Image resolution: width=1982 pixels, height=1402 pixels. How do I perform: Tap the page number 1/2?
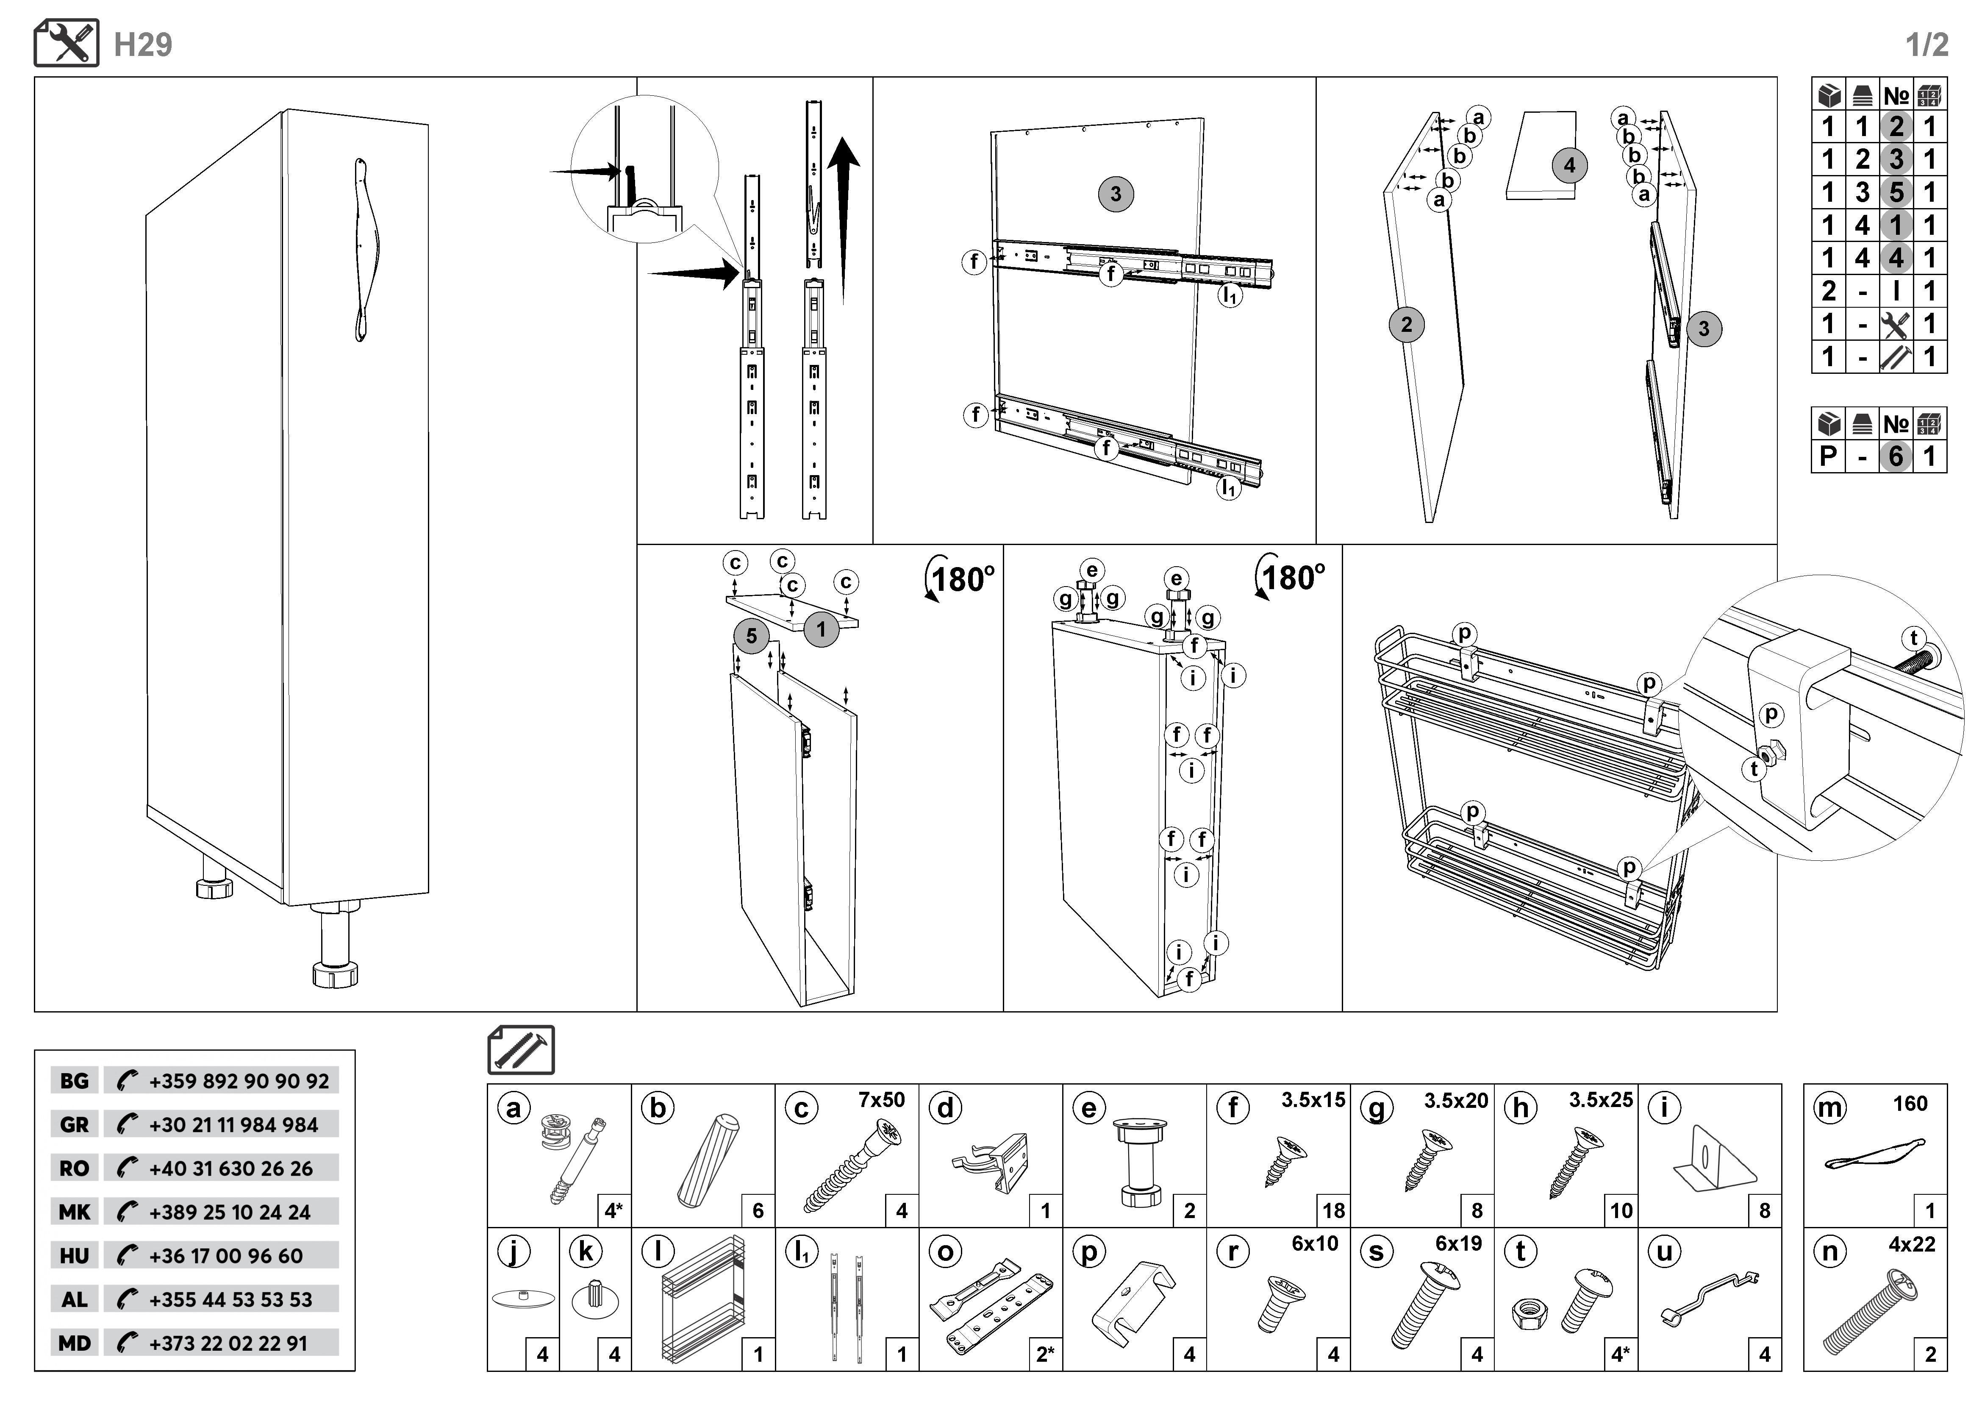tap(1927, 45)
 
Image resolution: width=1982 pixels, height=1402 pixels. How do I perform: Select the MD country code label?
tap(74, 1343)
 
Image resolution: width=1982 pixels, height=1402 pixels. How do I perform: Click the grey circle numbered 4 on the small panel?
tap(1569, 166)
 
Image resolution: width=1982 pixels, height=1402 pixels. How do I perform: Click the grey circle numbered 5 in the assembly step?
tap(751, 636)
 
